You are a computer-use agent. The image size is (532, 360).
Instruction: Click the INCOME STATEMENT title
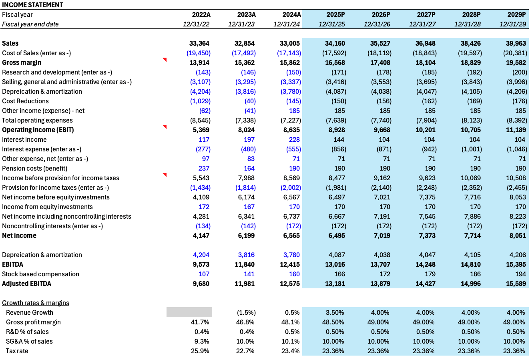(x=32, y=5)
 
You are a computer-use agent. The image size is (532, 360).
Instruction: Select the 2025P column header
(x=335, y=14)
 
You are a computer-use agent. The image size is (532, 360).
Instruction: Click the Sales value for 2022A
(x=199, y=43)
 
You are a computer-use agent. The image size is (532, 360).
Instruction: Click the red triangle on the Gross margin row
(x=165, y=60)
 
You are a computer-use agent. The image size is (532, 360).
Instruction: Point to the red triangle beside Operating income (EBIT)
(x=165, y=127)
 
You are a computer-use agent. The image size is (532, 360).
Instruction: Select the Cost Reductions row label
(x=25, y=101)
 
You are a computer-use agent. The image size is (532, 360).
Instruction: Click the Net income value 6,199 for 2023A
(x=245, y=235)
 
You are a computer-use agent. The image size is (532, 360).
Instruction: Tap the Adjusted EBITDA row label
(x=26, y=284)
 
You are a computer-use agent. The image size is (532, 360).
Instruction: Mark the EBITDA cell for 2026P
(x=379, y=264)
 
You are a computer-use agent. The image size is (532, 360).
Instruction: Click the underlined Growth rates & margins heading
(x=36, y=303)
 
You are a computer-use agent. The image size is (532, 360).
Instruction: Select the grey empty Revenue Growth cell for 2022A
(x=189, y=312)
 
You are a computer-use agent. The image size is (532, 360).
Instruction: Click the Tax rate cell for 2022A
(x=200, y=351)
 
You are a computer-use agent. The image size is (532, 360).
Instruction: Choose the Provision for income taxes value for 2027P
(x=424, y=187)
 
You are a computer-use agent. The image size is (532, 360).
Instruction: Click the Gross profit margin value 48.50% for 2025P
(x=333, y=322)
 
